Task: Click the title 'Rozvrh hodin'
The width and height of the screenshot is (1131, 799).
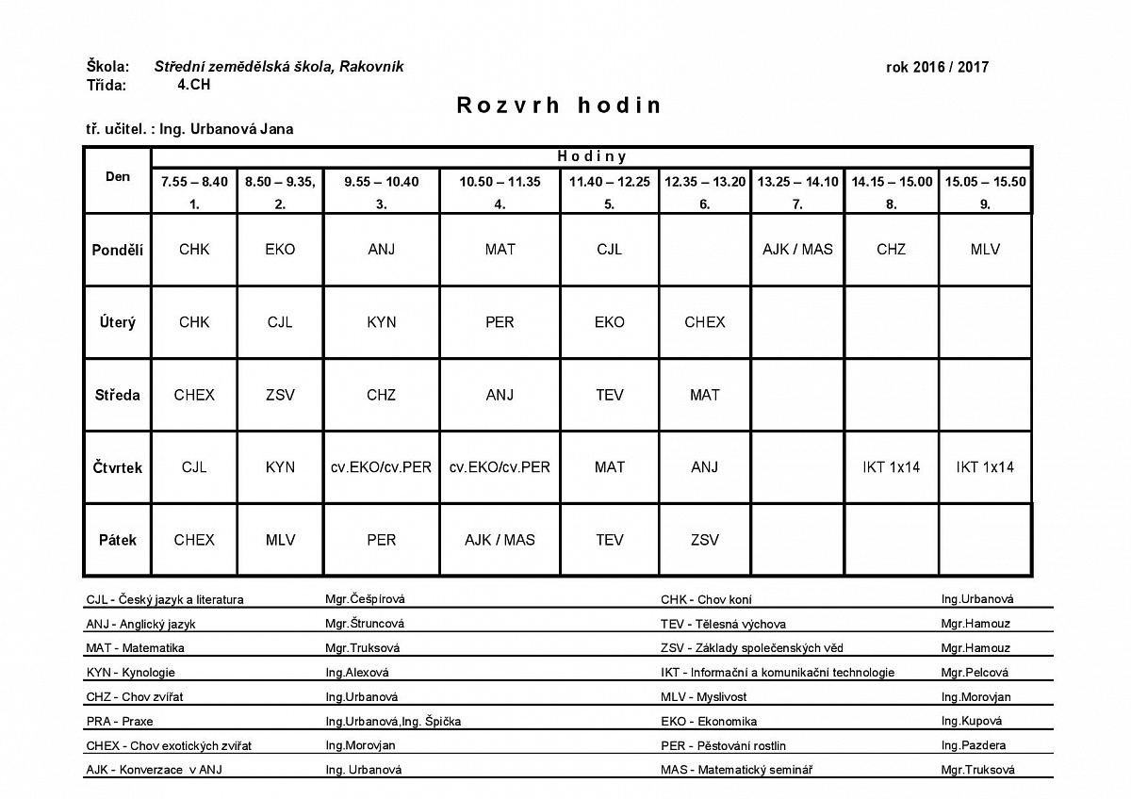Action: (559, 106)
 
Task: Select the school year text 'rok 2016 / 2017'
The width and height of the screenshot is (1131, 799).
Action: (937, 67)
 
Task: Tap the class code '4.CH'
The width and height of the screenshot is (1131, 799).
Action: (194, 84)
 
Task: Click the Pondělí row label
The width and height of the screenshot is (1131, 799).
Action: (118, 250)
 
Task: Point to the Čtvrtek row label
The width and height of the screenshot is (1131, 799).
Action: (118, 467)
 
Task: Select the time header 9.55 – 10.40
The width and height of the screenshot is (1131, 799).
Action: (382, 182)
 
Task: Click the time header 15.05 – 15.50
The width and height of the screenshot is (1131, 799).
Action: (985, 182)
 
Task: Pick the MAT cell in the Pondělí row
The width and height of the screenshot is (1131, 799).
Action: (500, 250)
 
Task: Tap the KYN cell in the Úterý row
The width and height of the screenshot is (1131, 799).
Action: (382, 322)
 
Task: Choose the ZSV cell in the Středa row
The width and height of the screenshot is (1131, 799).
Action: (280, 395)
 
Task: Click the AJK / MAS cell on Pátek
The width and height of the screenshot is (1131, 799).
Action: (500, 540)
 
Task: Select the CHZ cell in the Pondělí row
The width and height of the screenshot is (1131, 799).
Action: (891, 250)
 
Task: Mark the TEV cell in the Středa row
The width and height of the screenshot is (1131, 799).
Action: (610, 395)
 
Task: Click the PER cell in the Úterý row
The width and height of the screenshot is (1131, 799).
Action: (500, 322)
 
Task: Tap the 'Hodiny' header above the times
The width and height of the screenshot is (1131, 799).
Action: (591, 156)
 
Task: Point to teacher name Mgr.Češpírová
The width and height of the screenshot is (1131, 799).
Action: (358, 599)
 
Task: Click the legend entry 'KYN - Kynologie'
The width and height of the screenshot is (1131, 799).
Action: (130, 673)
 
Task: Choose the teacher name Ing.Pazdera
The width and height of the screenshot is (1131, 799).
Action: (973, 745)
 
